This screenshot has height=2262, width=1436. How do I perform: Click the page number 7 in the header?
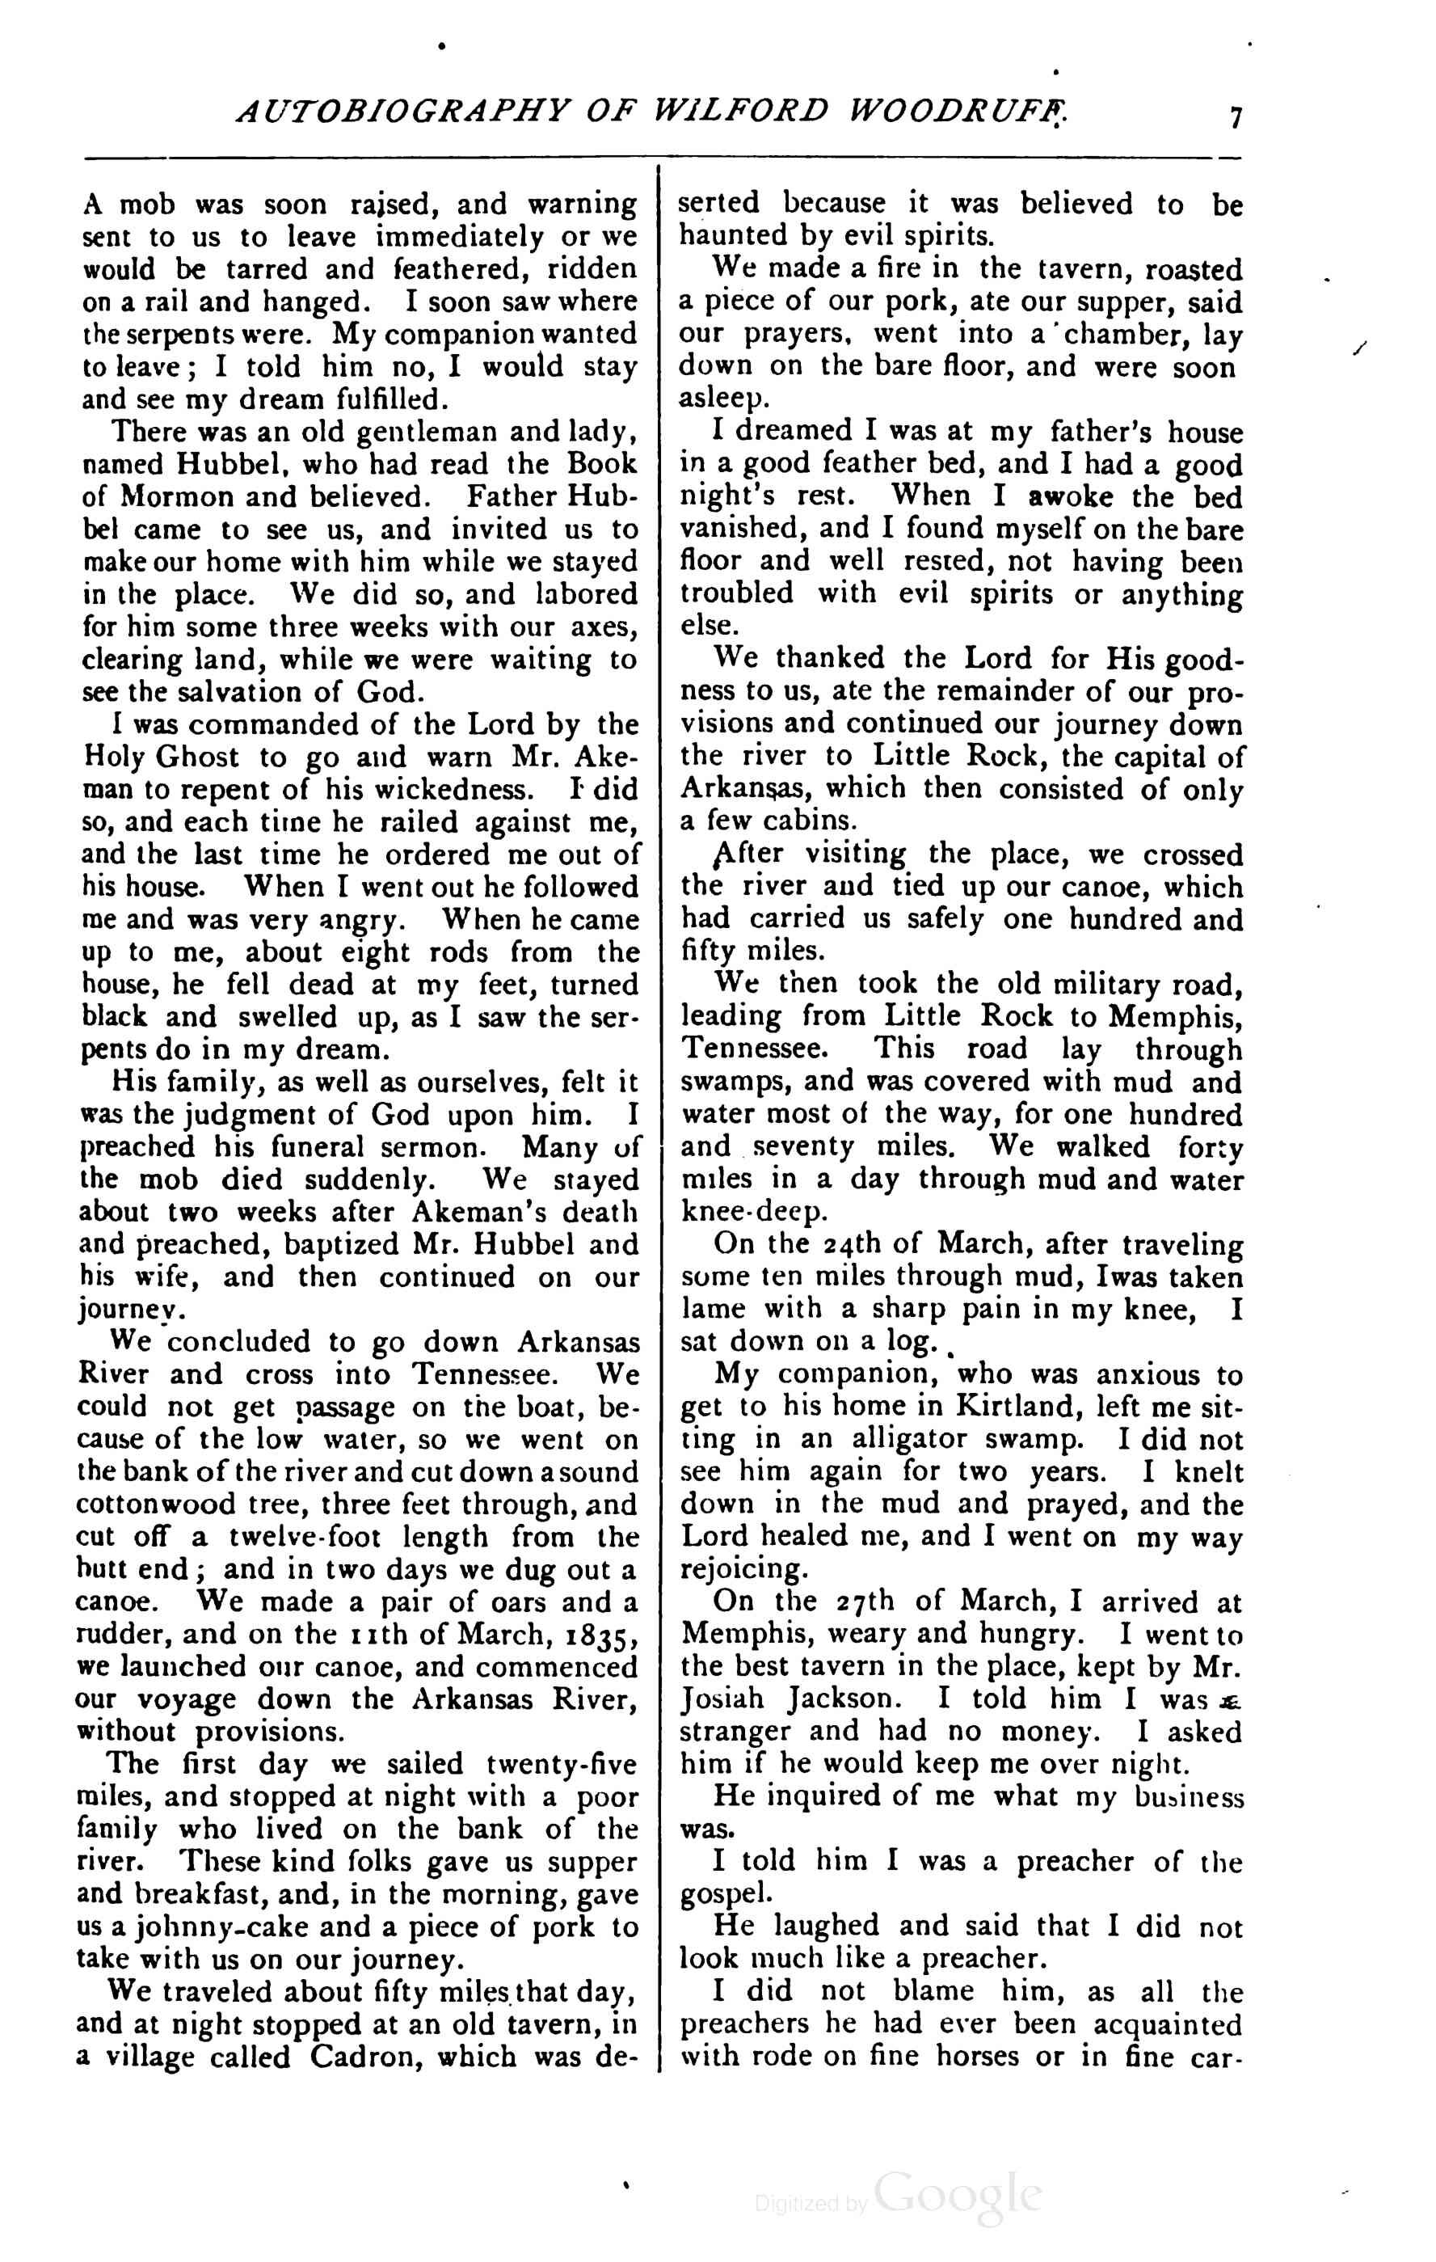1235,118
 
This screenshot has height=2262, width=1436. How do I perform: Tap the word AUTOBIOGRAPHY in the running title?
400,111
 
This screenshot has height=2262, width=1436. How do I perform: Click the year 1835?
597,1635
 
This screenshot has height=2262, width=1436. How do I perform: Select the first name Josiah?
725,1699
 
